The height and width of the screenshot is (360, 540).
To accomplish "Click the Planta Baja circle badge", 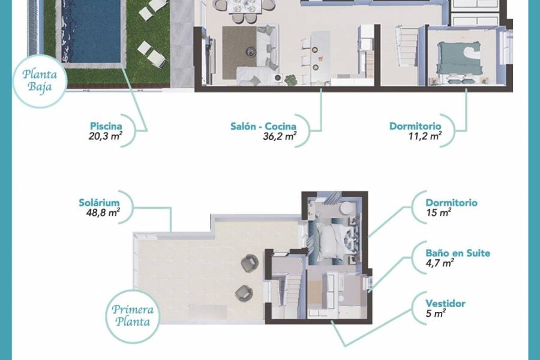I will (40, 81).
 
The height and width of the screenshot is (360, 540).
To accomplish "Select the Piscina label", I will (106, 126).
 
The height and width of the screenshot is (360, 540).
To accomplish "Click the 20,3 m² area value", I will (105, 136).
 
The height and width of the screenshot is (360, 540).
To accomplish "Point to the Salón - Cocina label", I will (263, 126).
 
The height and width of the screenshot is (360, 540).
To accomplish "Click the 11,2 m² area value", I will (424, 136).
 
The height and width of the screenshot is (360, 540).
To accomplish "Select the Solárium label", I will (99, 202).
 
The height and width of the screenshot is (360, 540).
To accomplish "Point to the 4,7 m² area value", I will (439, 263).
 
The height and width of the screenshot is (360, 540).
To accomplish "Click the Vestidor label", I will (445, 304).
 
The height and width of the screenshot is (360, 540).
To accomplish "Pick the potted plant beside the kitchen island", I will (292, 79).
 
